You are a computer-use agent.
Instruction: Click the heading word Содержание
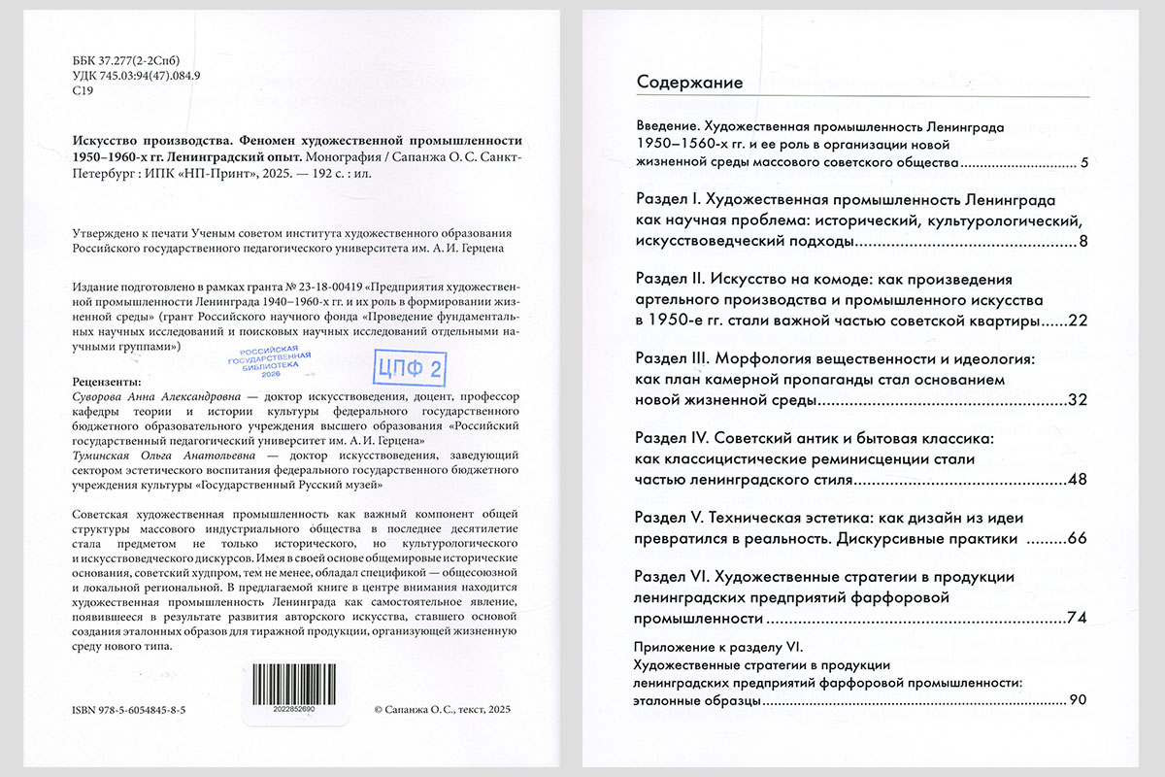[689, 83]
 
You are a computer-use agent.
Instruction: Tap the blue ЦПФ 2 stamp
[409, 366]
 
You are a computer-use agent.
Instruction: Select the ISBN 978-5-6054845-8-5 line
[129, 710]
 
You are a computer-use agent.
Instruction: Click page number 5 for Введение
[1083, 162]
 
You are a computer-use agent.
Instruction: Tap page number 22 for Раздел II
[1077, 321]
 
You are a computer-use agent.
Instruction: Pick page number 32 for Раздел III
[1077, 400]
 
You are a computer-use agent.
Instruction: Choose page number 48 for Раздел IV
[1077, 480]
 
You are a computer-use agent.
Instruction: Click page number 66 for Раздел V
[1077, 539]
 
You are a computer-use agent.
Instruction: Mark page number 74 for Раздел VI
[1077, 619]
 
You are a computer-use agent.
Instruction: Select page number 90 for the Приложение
[1078, 699]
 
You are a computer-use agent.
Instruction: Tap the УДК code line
[136, 76]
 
